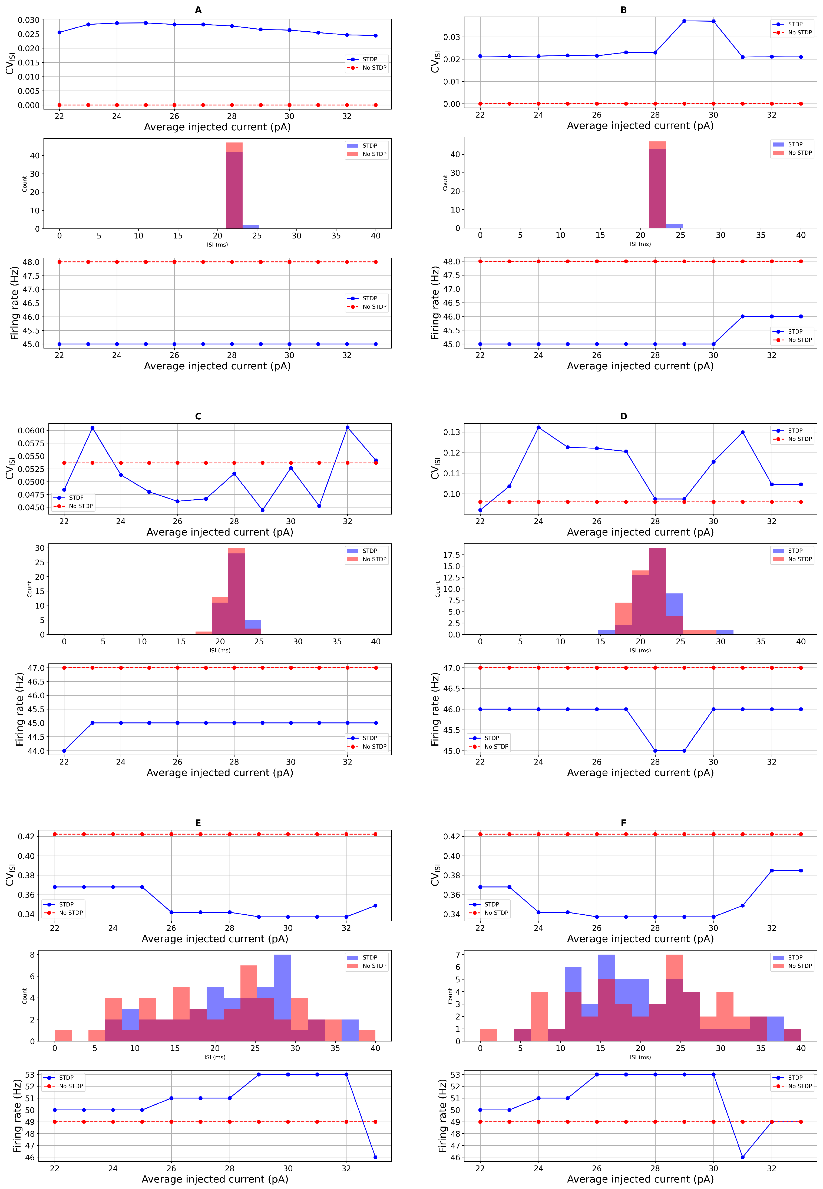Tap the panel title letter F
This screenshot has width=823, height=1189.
[623, 823]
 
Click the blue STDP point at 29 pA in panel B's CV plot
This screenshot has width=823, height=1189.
[684, 21]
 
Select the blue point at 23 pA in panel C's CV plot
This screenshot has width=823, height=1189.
[92, 428]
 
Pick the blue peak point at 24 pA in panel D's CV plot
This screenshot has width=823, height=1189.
[538, 427]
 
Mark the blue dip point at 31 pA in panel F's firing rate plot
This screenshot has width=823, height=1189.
[743, 1157]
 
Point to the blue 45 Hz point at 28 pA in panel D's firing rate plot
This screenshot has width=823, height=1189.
[655, 750]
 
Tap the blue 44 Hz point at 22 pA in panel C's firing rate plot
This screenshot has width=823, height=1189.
[64, 750]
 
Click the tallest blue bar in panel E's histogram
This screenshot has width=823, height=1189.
[283, 997]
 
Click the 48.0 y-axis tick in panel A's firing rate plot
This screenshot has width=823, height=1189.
[31, 262]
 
